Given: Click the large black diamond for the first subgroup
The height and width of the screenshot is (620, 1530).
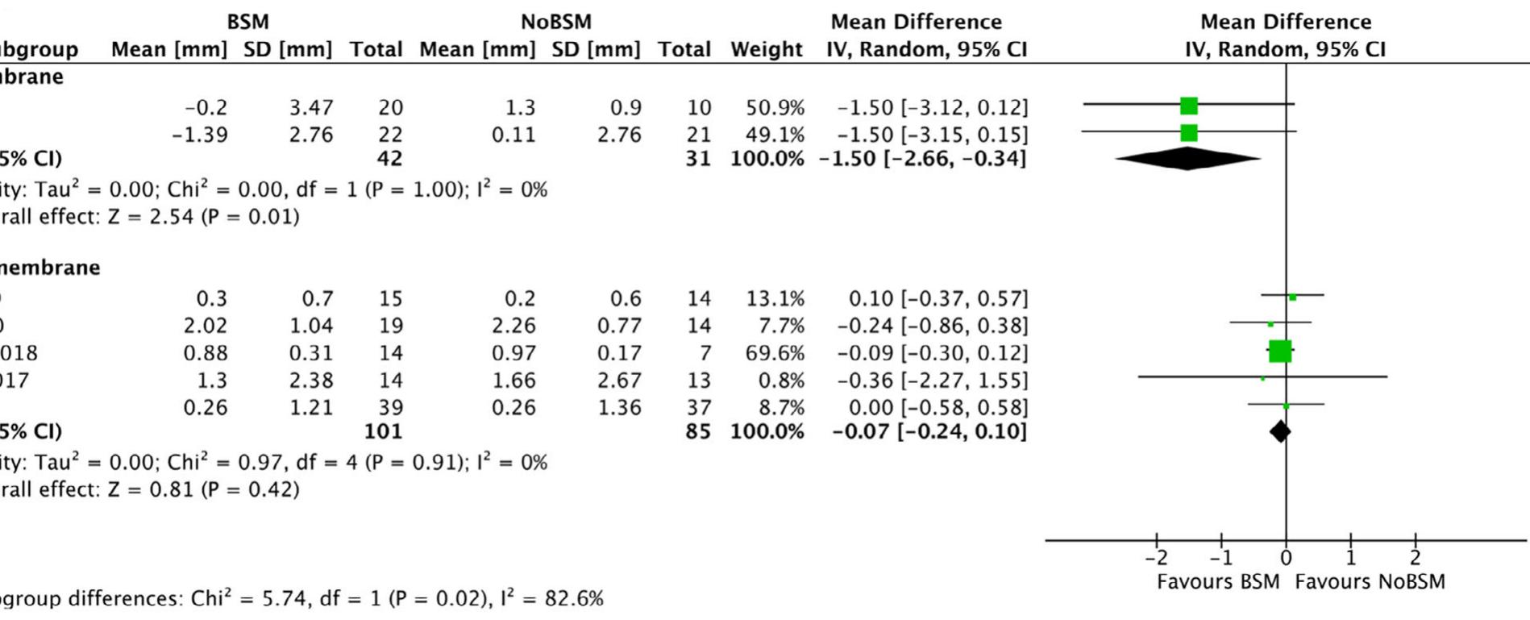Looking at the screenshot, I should [1188, 159].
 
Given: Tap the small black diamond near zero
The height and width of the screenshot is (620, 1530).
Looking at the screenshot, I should [1280, 431].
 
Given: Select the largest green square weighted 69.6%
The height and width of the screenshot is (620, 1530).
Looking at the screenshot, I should [1280, 352].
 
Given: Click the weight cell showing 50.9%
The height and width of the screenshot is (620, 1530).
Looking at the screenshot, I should [775, 108].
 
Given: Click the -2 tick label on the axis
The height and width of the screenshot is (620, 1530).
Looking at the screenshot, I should [1156, 558].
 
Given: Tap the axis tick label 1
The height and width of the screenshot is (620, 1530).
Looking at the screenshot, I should [1351, 558].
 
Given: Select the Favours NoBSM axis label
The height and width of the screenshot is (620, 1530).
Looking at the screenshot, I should [1370, 582].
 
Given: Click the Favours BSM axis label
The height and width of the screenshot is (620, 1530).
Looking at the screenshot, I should [1217, 582].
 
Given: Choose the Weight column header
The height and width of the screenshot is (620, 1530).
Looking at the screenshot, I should [766, 50].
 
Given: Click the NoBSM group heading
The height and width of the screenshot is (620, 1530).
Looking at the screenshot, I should [555, 22].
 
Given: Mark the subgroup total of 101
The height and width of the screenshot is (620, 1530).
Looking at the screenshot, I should [383, 431].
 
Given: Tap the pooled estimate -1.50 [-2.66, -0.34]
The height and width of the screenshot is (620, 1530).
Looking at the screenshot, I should [923, 159].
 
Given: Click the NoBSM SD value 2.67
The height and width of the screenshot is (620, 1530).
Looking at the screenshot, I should [619, 381].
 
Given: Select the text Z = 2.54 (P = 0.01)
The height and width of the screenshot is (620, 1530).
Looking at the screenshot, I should [224, 217].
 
